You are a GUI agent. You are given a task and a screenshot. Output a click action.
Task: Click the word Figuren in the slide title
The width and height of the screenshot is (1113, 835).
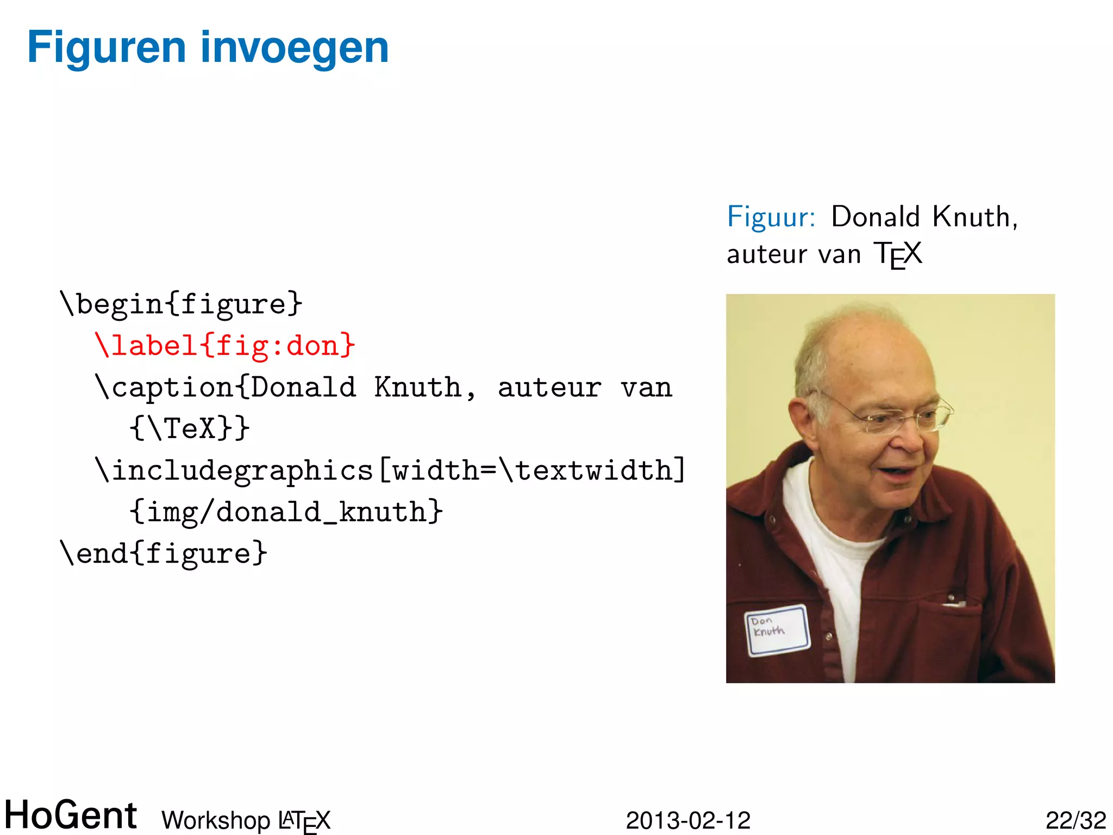click(x=107, y=48)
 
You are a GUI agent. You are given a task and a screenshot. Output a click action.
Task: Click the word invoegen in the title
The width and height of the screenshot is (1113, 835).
click(x=295, y=48)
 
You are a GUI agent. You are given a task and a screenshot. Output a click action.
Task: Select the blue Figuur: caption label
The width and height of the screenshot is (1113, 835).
click(x=771, y=217)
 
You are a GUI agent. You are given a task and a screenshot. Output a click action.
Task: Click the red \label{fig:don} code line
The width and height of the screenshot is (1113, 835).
click(x=225, y=346)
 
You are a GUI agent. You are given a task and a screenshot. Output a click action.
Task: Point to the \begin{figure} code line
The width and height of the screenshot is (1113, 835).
click(x=181, y=304)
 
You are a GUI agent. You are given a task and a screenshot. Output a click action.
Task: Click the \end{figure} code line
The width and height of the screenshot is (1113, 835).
click(x=164, y=553)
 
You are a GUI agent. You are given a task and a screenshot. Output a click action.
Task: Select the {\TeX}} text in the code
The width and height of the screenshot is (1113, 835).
click(x=190, y=428)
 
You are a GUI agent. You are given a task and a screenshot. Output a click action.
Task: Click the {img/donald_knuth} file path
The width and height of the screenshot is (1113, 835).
click(x=286, y=512)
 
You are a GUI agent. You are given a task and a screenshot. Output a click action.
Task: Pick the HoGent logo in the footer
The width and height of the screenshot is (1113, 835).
click(x=71, y=815)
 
